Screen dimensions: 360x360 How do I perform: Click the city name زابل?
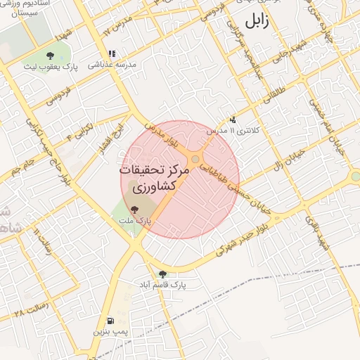(x=256, y=20)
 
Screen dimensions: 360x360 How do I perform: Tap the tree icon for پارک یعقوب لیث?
(x=50, y=56)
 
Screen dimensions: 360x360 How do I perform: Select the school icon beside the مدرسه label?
(x=111, y=53)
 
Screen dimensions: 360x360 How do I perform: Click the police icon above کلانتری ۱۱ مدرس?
(x=233, y=120)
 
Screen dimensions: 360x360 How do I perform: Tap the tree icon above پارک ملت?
(x=134, y=209)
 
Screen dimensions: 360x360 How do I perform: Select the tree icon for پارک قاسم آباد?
(x=162, y=274)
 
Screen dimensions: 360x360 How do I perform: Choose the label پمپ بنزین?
(x=110, y=330)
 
